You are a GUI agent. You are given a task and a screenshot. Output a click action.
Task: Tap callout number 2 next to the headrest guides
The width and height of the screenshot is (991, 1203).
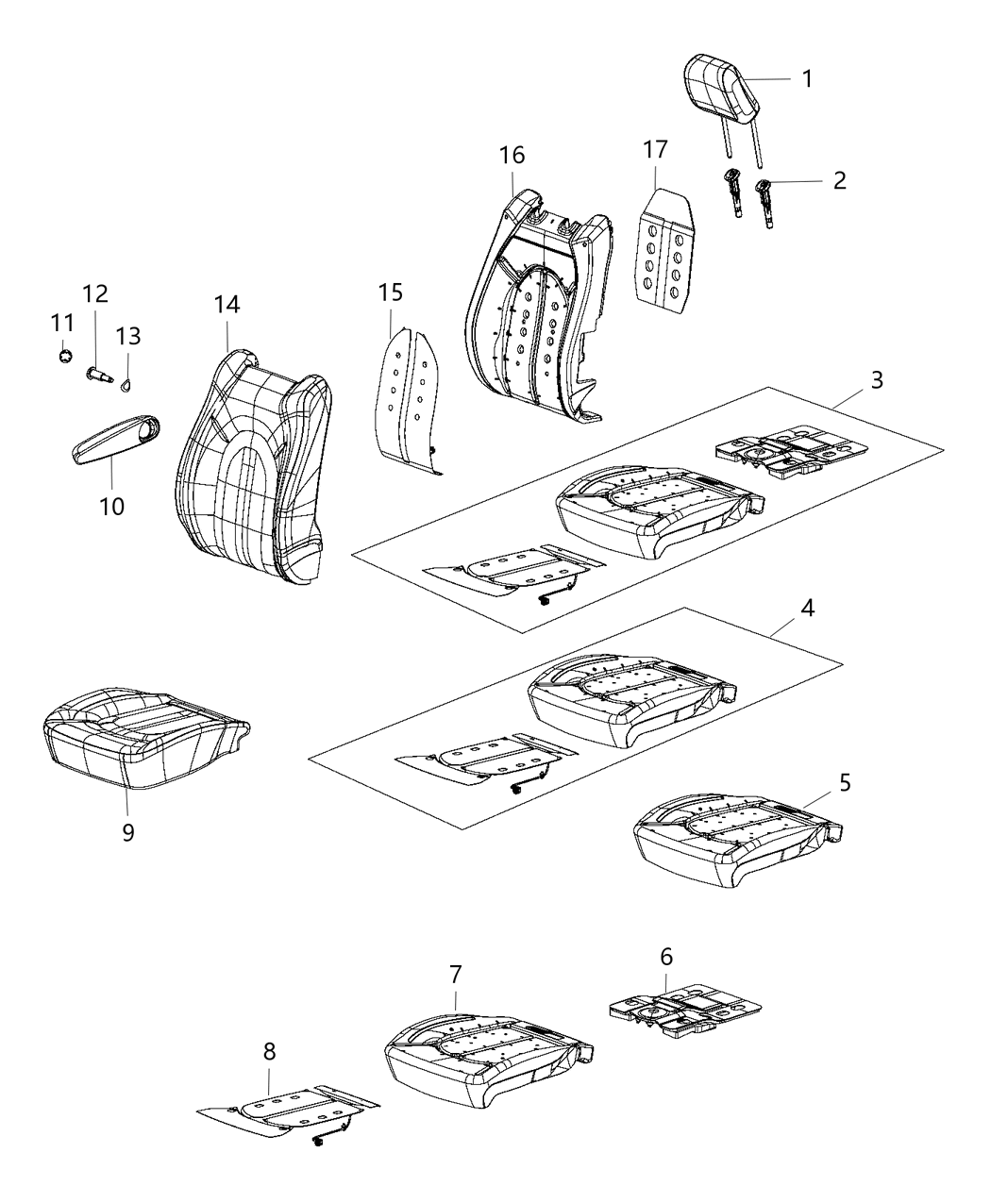pyautogui.click(x=839, y=180)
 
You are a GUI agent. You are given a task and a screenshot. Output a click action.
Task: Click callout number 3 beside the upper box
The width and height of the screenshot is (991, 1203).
pyautogui.click(x=877, y=380)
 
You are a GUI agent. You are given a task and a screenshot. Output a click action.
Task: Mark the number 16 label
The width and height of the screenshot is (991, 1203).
pyautogui.click(x=512, y=155)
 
